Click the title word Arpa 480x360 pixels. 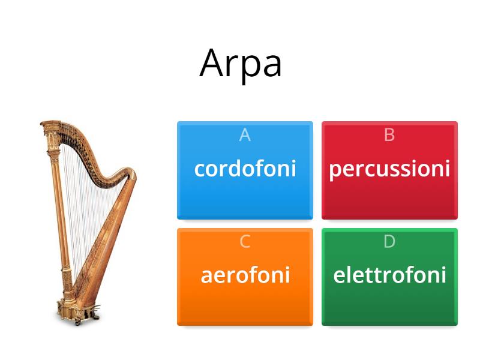pyautogui.click(x=241, y=62)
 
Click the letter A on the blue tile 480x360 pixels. pyautogui.click(x=245, y=135)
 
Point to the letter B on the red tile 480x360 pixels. pyautogui.click(x=389, y=135)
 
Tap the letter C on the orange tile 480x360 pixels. pyautogui.click(x=245, y=242)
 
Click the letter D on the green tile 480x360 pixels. pyautogui.click(x=389, y=242)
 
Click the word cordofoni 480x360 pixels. pyautogui.click(x=245, y=169)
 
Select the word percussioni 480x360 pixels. pyautogui.click(x=389, y=169)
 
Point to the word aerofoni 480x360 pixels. pyautogui.click(x=245, y=275)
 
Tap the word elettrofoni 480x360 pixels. pyautogui.click(x=389, y=275)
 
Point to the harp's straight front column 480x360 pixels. pyautogui.click(x=59, y=228)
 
